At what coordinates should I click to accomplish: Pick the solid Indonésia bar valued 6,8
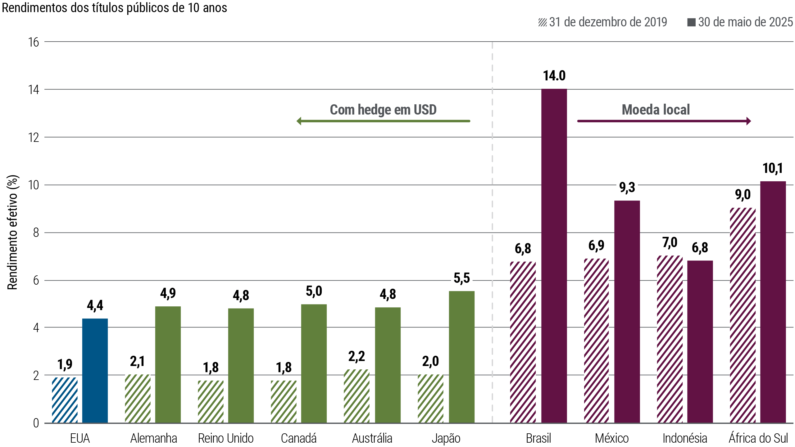coord(700,341)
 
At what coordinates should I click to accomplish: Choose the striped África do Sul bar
coord(743,315)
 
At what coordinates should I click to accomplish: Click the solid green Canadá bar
coord(314,363)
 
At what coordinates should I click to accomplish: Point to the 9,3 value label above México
coord(627,188)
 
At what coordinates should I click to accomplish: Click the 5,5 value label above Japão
coord(462,279)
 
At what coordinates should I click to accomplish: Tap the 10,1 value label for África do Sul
coord(773,169)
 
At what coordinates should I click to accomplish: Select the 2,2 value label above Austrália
coord(357,356)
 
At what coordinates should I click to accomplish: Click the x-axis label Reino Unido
coord(226,438)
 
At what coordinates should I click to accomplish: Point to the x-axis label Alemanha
coord(153,438)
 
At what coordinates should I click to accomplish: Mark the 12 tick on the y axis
coord(34,138)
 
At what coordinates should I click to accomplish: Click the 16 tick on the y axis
coord(34,42)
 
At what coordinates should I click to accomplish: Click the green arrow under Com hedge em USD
coord(383,121)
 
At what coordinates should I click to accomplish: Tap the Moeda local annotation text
coord(656,110)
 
